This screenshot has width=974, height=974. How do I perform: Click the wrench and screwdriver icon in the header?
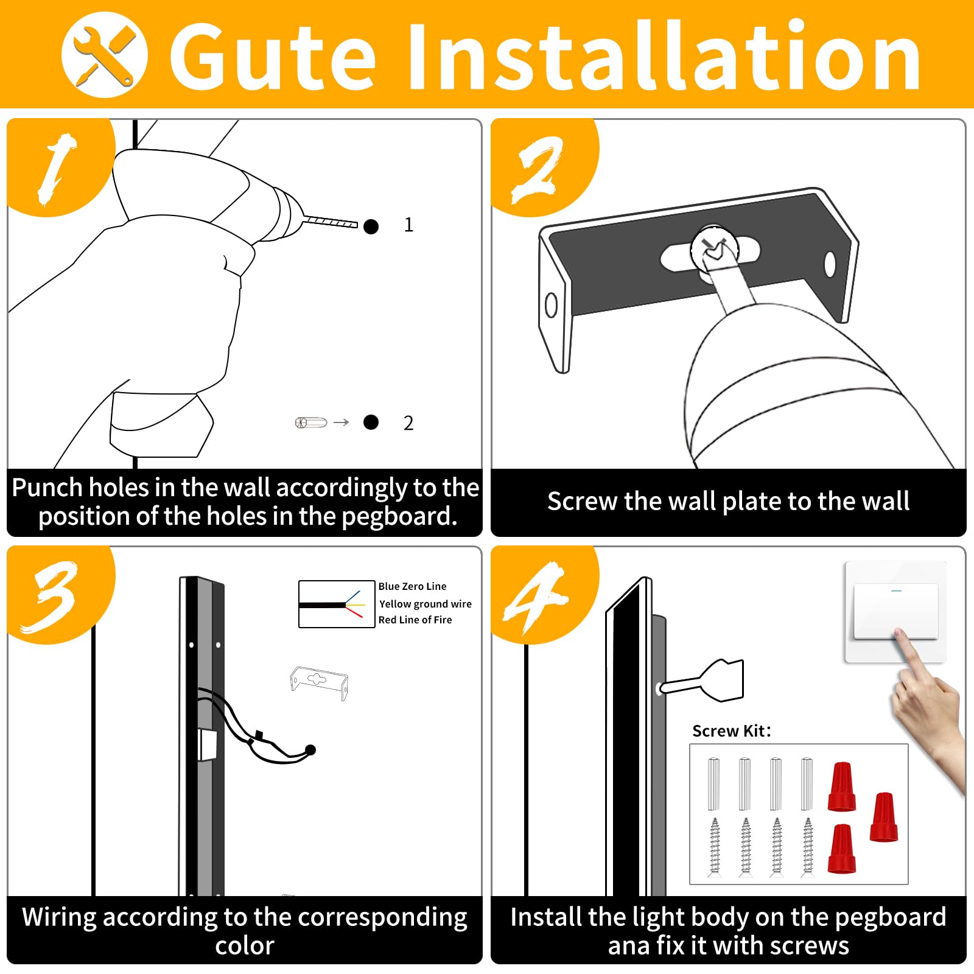[x=105, y=55]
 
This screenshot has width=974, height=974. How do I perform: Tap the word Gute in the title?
[x=272, y=57]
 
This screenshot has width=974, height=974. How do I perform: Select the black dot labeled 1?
[x=371, y=226]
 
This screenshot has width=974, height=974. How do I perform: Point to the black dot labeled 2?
[x=371, y=422]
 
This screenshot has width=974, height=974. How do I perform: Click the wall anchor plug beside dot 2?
[x=310, y=422]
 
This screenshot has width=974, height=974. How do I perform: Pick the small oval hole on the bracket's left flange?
[x=552, y=305]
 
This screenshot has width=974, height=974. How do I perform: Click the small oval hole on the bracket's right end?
[x=830, y=264]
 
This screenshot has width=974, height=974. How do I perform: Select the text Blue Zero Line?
[x=412, y=586]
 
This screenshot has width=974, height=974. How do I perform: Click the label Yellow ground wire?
[x=426, y=604]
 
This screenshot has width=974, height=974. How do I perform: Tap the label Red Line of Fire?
[x=415, y=620]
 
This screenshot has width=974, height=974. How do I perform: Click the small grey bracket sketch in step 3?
[x=319, y=682]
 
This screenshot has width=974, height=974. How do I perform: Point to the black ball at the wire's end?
[x=310, y=749]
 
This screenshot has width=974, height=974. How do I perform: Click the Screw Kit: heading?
[x=732, y=730]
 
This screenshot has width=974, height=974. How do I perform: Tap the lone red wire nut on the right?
[x=884, y=817]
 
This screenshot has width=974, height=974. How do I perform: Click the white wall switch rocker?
[x=895, y=611]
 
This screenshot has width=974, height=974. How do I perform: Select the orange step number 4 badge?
[x=544, y=594]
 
